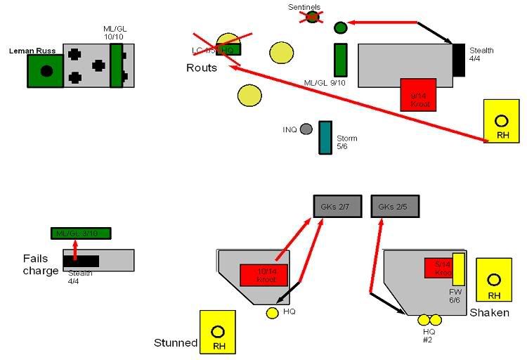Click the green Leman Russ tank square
(46, 71)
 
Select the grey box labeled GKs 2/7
(337, 207)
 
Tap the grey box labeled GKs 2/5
(395, 207)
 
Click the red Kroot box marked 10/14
(263, 275)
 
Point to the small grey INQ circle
(306, 129)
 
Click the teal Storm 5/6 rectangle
(325, 137)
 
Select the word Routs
(202, 68)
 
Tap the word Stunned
(176, 343)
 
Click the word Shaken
(489, 312)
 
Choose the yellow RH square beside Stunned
(218, 331)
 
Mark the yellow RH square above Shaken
(494, 279)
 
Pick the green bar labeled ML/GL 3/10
(81, 233)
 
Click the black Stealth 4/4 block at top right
(459, 60)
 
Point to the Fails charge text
(40, 264)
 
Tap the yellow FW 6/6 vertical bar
(459, 269)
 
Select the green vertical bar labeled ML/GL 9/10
(341, 60)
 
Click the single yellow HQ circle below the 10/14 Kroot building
(273, 313)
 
